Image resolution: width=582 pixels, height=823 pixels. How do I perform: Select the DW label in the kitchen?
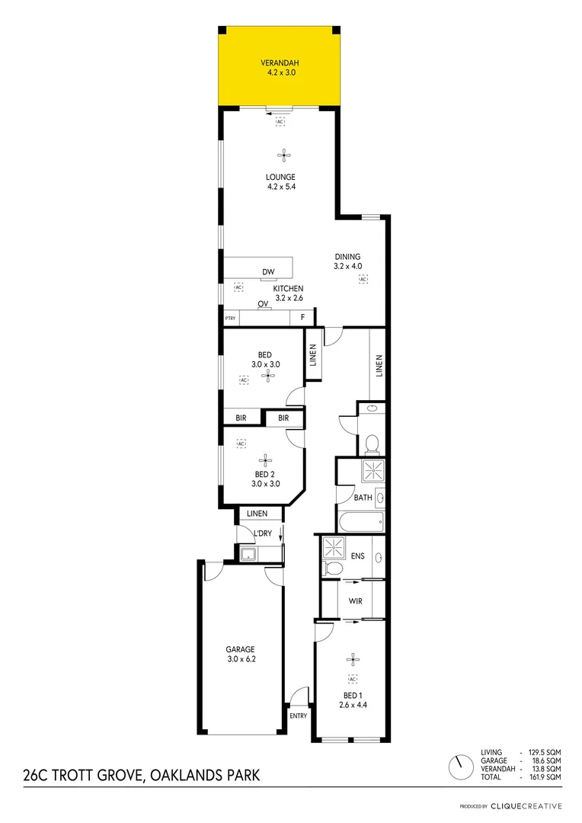click(x=267, y=271)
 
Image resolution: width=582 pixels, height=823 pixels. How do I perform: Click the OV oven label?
click(x=263, y=304)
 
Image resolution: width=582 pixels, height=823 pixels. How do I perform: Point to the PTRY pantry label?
click(x=230, y=318)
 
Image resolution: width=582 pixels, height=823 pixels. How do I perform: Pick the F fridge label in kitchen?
click(x=302, y=317)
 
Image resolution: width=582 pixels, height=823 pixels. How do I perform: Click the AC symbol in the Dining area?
click(x=363, y=280)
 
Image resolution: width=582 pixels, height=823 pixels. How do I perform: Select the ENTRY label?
click(x=299, y=716)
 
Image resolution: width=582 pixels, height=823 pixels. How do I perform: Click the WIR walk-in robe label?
click(x=355, y=601)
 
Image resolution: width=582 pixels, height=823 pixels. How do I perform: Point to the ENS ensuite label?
click(x=357, y=556)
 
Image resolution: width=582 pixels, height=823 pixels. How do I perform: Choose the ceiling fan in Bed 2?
click(x=265, y=460)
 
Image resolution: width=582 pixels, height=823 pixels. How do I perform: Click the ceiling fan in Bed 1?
click(x=352, y=660)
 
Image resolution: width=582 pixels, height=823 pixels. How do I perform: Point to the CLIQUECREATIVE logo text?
click(x=526, y=806)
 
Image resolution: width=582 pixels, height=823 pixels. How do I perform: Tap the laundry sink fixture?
click(x=247, y=555)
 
